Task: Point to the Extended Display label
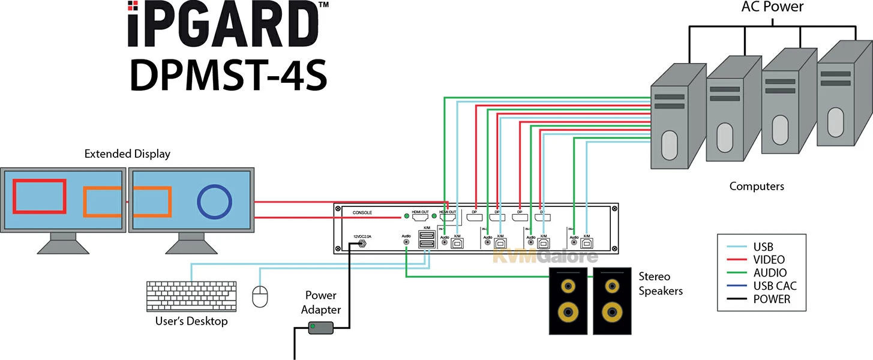point(127,154)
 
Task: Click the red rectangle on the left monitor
point(40,196)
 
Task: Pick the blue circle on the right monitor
point(215,202)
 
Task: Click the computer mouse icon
point(260,296)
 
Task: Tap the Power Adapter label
point(321,302)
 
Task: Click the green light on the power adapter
point(313,326)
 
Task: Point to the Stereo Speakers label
point(661,284)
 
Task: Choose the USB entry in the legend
point(762,246)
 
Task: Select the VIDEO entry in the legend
point(769,259)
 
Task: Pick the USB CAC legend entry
point(775,286)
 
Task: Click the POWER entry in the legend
point(772,299)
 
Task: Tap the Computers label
point(757,186)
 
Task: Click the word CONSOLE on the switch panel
point(362,212)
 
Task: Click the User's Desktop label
point(191,321)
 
